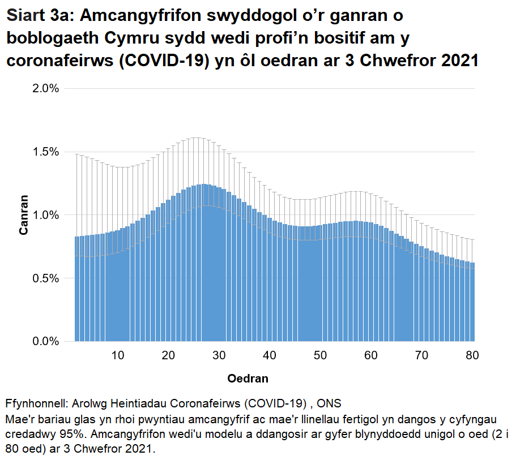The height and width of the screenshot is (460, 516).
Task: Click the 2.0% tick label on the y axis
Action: (46, 89)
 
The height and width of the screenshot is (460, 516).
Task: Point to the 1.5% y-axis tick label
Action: (46, 152)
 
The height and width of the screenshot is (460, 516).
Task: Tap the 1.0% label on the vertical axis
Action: (46, 215)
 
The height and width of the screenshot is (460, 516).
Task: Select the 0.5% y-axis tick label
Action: (46, 278)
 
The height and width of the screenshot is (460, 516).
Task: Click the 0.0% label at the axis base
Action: (46, 342)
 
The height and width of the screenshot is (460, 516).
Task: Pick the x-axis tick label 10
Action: (118, 356)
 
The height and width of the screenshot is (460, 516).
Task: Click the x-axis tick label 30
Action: (219, 356)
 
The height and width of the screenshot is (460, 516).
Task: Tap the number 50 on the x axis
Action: (321, 356)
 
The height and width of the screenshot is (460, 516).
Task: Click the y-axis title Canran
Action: (24, 215)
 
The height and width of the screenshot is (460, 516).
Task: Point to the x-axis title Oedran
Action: (248, 378)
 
